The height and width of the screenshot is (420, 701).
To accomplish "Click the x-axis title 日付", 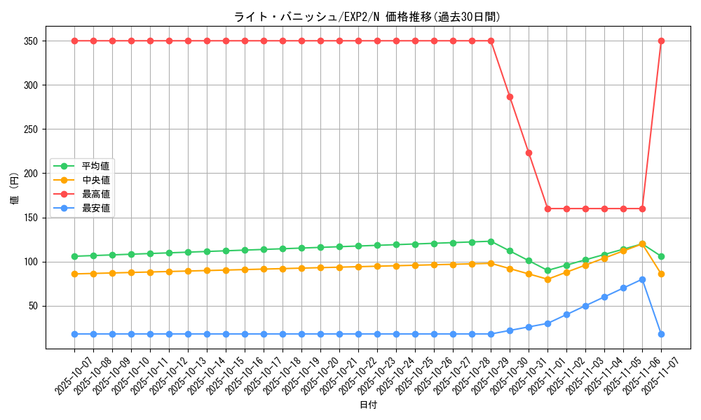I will coord(368,405).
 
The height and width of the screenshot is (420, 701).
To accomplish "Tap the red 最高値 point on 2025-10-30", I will coord(510,97).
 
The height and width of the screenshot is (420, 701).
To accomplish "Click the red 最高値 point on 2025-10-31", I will coord(529,153).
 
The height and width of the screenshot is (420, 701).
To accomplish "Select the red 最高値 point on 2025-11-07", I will coord(661,41).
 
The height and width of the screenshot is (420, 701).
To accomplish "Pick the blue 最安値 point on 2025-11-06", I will coord(642,279).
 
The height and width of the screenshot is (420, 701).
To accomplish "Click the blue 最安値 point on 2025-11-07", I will coord(661,334).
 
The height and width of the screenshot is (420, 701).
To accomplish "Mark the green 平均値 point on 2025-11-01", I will coord(547,271).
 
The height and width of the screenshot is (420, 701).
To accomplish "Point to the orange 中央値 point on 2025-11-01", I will coord(547,279).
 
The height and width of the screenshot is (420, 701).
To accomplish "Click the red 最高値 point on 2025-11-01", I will coord(547,209).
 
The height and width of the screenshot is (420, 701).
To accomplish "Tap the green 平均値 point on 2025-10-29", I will coord(491,241).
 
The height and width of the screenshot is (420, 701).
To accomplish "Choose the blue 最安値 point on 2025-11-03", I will coord(585,306).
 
